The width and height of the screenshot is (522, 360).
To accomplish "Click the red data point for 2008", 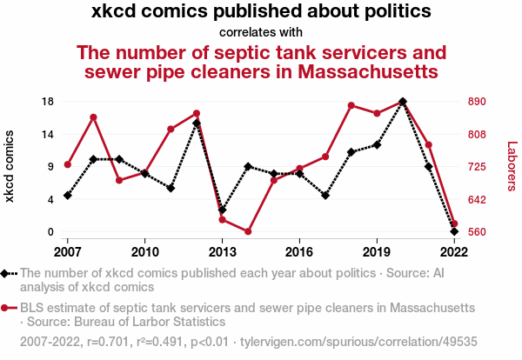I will [x=93, y=117].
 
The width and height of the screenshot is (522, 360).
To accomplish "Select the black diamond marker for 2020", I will [x=402, y=102].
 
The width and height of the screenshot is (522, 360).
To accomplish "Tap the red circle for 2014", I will [x=248, y=231].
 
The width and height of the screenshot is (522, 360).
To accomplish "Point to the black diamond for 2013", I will [x=222, y=210].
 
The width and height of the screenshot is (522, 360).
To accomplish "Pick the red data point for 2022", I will [x=454, y=224].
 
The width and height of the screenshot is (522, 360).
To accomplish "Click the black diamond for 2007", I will [x=67, y=195].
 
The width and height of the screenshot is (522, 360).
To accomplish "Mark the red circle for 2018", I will [x=351, y=105].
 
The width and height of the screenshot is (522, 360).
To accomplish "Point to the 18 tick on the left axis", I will [x=49, y=102].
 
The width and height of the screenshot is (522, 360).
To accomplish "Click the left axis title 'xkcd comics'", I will [x=10, y=167].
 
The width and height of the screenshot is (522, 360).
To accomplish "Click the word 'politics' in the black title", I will [x=396, y=12].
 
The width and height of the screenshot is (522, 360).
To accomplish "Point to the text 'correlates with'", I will [x=260, y=32].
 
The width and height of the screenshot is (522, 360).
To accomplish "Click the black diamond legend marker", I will [x=6, y=274].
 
